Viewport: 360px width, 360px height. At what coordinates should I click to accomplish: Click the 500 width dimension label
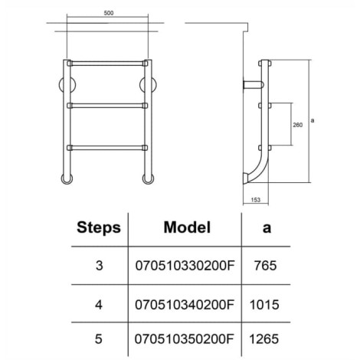109,13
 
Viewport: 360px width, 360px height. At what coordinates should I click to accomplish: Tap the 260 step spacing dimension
297,125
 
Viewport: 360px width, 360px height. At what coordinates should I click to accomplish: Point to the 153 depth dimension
256,200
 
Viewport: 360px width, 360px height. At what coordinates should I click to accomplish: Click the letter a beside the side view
313,120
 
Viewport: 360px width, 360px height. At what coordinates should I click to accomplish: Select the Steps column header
99,227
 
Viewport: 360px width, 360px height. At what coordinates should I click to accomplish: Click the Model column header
187,227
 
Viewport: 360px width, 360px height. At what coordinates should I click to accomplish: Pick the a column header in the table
267,228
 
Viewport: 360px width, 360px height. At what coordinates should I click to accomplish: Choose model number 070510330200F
185,266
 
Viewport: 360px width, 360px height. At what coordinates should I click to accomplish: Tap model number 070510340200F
185,305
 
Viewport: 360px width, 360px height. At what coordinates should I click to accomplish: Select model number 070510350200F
184,339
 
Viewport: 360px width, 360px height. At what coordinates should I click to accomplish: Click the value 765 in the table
265,266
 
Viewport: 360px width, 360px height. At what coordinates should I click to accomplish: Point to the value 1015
264,305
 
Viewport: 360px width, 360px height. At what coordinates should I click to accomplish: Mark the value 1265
264,339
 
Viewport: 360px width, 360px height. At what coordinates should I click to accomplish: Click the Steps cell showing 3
99,266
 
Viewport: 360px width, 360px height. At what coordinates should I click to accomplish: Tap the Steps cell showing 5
99,339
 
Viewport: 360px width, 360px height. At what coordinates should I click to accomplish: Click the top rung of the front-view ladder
107,64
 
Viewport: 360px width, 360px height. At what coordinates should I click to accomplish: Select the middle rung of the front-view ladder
107,106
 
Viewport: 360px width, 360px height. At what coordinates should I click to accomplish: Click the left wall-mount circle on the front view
67,84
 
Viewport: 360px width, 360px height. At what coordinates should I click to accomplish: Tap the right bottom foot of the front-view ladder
148,178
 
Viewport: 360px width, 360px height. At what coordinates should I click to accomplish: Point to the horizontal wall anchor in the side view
253,84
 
